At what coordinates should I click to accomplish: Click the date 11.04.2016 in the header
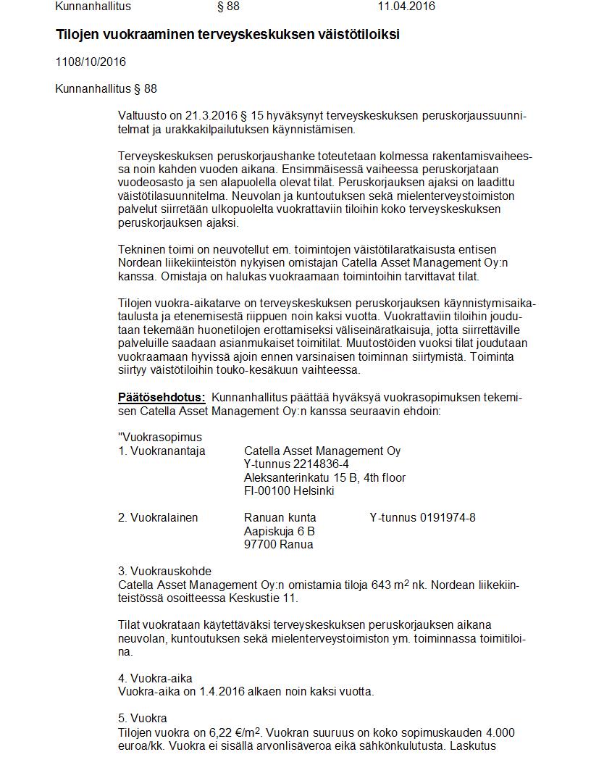click(406, 7)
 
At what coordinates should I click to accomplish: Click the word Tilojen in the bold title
click(79, 35)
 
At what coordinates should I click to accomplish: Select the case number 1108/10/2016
click(91, 62)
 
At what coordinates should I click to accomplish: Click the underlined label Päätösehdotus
click(162, 398)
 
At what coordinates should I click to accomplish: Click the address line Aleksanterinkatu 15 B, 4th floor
click(324, 478)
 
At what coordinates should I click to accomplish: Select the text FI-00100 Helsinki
click(289, 491)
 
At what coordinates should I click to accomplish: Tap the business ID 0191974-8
click(448, 518)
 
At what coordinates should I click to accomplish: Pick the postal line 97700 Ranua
click(279, 545)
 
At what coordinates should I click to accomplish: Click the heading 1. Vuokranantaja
click(162, 451)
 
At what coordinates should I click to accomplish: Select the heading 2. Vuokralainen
click(158, 518)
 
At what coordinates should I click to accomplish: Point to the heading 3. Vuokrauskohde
click(164, 572)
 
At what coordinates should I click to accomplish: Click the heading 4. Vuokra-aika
click(155, 679)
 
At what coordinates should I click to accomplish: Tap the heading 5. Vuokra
click(143, 719)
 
